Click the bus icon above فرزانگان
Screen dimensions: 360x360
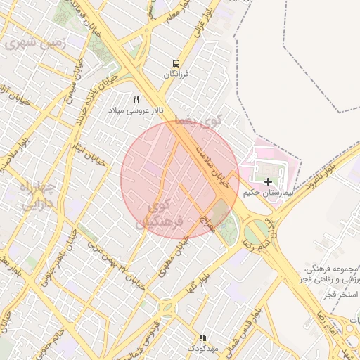coord(175,63)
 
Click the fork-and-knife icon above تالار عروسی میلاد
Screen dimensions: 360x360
coord(136,99)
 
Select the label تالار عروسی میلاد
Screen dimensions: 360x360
coord(136,111)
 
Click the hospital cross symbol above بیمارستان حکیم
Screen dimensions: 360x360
coord(268,181)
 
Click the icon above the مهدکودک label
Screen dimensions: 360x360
coord(202,337)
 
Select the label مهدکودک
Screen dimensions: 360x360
coord(203,349)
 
